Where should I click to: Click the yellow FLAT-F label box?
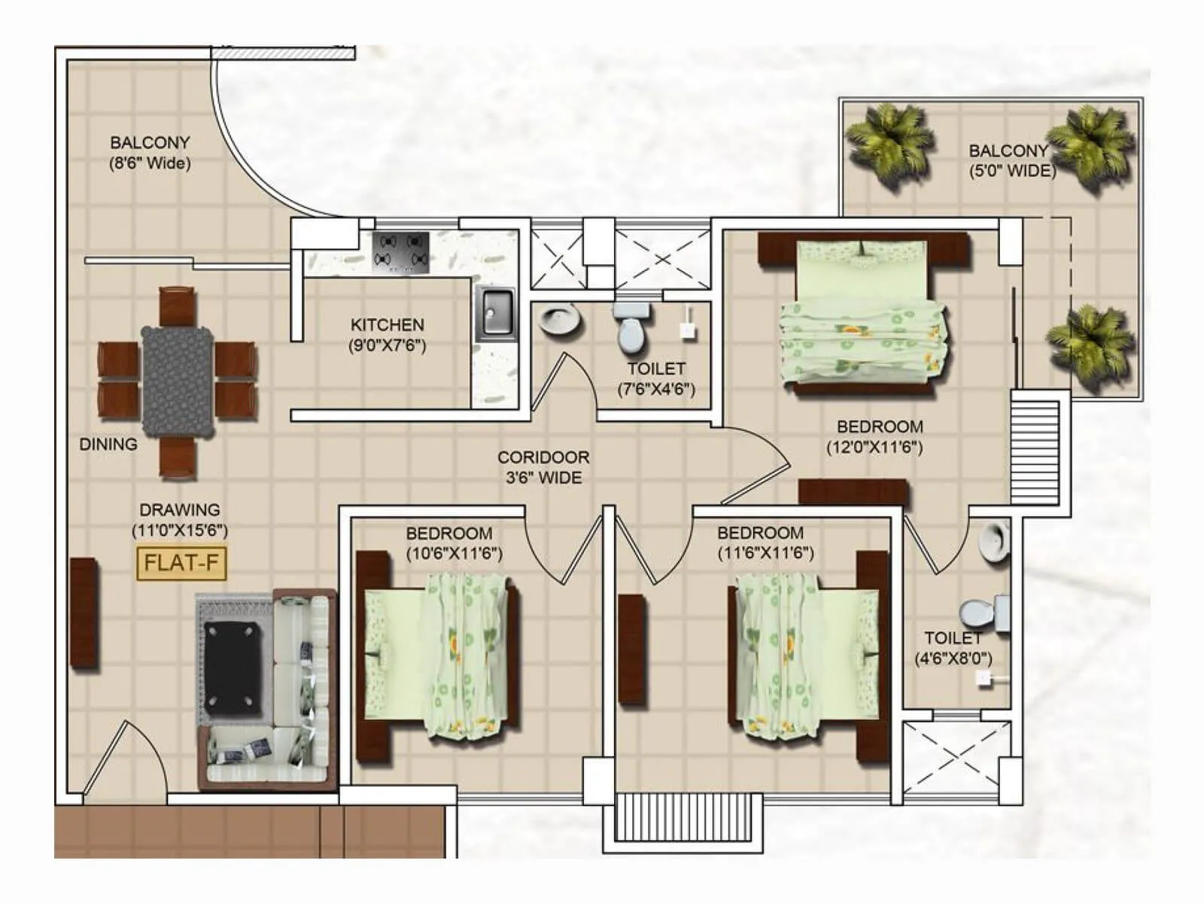pyautogui.click(x=181, y=563)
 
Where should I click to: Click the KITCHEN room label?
pyautogui.click(x=387, y=325)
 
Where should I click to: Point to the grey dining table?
pyautogui.click(x=178, y=381)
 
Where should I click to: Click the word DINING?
pyautogui.click(x=108, y=444)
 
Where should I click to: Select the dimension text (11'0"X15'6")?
pyautogui.click(x=180, y=530)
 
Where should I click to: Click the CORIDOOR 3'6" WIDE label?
pyautogui.click(x=543, y=467)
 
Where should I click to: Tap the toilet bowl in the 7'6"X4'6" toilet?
pyautogui.click(x=631, y=330)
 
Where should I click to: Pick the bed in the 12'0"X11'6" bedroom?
pyautogui.click(x=862, y=316)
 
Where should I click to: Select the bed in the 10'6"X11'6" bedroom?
pyautogui.click(x=440, y=655)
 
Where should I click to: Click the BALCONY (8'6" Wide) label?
pyautogui.click(x=150, y=152)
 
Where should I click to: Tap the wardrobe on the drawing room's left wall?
pyautogui.click(x=84, y=613)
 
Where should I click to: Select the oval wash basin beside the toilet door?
pyautogui.click(x=560, y=319)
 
